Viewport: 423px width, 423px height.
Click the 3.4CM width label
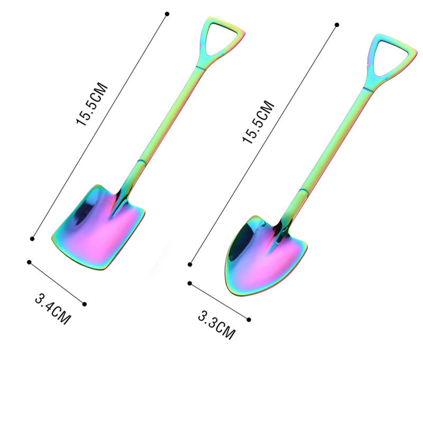[x=52, y=309]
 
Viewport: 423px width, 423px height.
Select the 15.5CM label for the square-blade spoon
[x=92, y=104]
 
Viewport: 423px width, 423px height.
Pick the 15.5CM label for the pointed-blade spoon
[x=259, y=122]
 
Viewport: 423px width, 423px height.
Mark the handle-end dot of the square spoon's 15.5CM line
[x=167, y=13]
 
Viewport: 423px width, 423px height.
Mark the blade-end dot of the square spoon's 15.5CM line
[x=33, y=239]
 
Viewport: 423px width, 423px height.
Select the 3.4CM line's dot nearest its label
[x=84, y=304]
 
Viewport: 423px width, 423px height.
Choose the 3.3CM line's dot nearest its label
[x=249, y=319]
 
